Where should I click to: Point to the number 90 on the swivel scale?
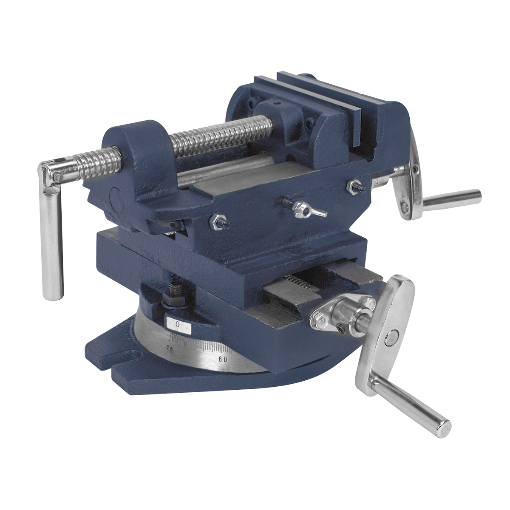tap(170, 349)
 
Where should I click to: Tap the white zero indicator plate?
tap(178, 325)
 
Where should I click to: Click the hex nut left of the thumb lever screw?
tap(217, 220)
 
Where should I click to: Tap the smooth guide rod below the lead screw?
tap(221, 169)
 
